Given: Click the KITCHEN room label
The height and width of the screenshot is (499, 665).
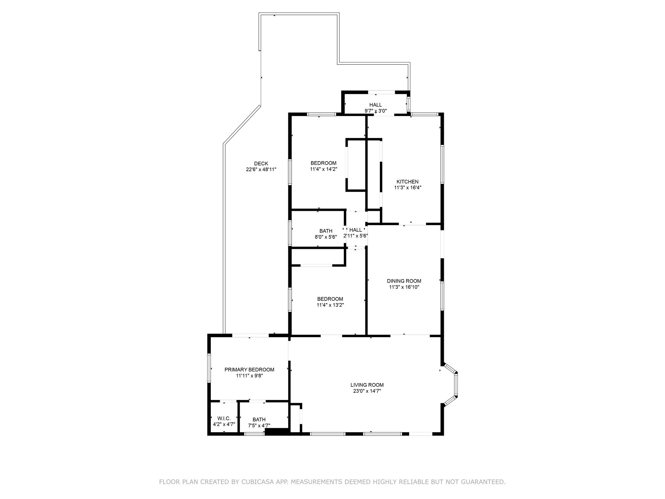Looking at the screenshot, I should [407, 182].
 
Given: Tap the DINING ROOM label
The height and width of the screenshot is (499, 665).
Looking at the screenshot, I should [404, 281].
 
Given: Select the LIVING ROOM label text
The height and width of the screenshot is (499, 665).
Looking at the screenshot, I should [367, 385].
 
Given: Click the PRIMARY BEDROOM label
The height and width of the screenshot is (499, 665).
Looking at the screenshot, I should [249, 370].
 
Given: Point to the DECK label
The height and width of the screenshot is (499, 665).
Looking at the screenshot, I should [261, 164].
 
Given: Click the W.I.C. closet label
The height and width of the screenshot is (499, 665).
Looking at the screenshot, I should [224, 418].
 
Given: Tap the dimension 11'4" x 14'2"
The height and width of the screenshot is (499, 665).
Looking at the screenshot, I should [323, 169].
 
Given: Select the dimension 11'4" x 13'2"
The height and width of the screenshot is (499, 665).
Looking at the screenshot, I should [330, 305].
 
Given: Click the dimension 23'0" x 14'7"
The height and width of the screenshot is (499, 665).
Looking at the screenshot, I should [367, 391].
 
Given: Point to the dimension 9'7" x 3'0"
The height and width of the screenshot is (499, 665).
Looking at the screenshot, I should [375, 111].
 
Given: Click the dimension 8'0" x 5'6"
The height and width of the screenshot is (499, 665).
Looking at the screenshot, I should [326, 237].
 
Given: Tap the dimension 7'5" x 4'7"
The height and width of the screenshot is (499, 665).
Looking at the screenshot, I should [259, 426].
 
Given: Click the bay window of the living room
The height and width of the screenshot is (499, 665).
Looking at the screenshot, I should [456, 385].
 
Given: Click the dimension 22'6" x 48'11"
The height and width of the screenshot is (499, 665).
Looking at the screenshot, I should [261, 170].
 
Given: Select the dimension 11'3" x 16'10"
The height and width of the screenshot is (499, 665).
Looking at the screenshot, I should [404, 287].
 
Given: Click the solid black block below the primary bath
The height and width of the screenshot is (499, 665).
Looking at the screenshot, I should [277, 432].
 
